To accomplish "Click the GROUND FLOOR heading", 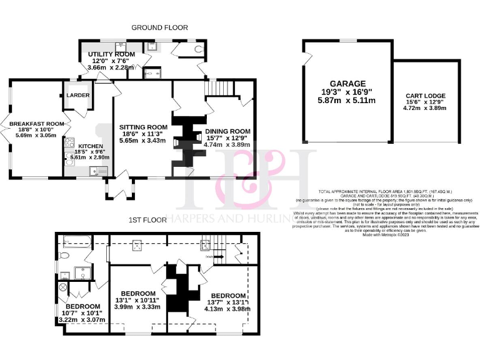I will click(x=159, y=27).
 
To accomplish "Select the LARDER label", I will click(x=78, y=95).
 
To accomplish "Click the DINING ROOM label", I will click(x=227, y=131).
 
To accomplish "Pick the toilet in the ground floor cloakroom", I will click(x=199, y=47).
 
